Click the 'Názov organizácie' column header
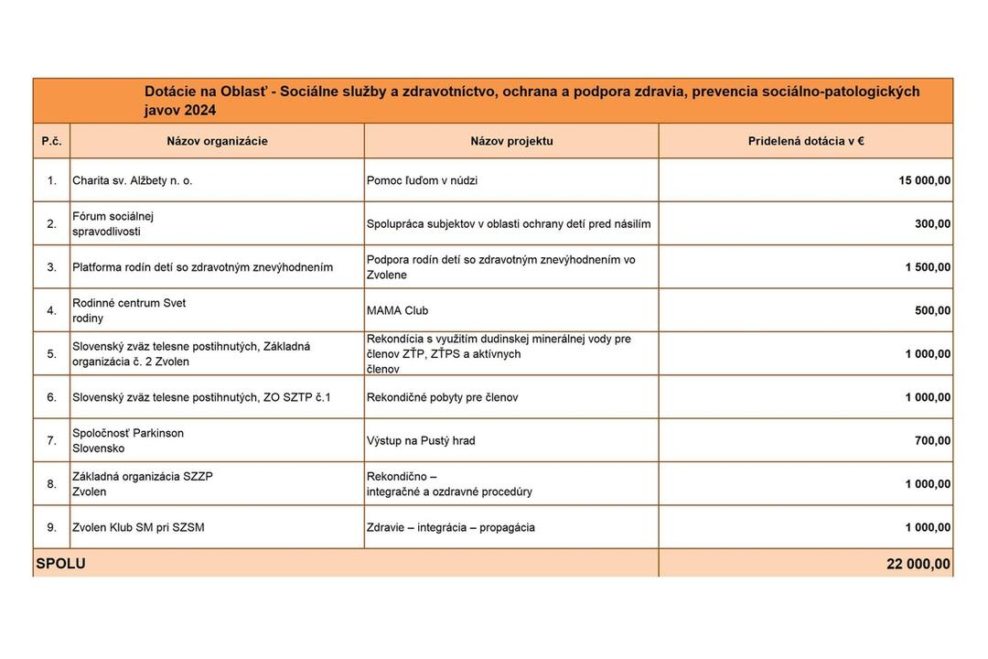[x=217, y=141]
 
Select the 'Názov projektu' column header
[x=511, y=141]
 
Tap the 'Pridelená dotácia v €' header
[x=805, y=141]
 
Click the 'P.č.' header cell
[x=51, y=141]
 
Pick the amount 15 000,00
[x=924, y=181]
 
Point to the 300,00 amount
[x=932, y=224]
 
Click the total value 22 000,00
[x=918, y=564]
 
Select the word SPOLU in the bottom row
[x=60, y=564]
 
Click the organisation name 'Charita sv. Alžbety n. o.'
[x=132, y=181]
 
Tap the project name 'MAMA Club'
[x=397, y=311]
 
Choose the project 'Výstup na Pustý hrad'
[x=421, y=441]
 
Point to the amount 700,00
[x=932, y=441]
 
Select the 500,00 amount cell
[x=932, y=311]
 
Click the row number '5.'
[x=51, y=354]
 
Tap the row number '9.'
[x=51, y=528]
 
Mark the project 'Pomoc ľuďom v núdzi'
[x=422, y=181]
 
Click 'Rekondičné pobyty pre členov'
[x=442, y=398]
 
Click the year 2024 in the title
[x=199, y=111]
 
